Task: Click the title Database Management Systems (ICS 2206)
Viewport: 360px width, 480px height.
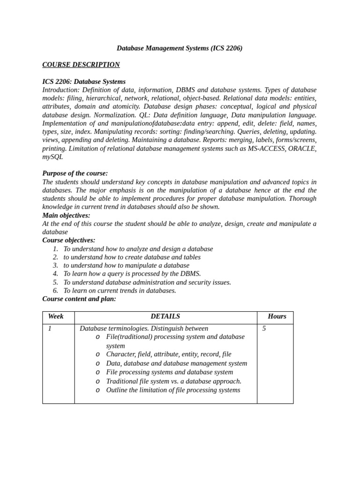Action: (180, 48)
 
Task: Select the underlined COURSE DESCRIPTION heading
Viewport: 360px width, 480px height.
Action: (81, 65)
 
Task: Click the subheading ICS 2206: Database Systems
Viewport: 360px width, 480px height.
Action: (84, 82)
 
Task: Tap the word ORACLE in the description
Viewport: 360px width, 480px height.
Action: (302, 149)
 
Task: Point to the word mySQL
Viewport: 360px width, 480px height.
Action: (52, 157)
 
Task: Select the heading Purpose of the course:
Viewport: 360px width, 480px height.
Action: (75, 173)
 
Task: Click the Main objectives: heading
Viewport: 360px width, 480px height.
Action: (66, 216)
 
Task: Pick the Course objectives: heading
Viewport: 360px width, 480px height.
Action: (68, 240)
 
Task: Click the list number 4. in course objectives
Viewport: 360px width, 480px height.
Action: (55, 274)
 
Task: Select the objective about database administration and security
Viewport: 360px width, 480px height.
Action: (147, 282)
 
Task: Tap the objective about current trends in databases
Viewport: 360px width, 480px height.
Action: (120, 291)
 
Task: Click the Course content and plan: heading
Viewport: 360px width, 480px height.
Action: (79, 299)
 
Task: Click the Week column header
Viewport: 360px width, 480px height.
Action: (56, 316)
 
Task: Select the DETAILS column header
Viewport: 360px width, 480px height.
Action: (165, 316)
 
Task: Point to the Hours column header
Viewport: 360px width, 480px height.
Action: (277, 316)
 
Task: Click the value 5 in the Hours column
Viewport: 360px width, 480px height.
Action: (264, 329)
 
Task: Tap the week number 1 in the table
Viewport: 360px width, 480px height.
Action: (50, 329)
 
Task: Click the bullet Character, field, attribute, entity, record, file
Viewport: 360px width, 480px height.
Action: (168, 354)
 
